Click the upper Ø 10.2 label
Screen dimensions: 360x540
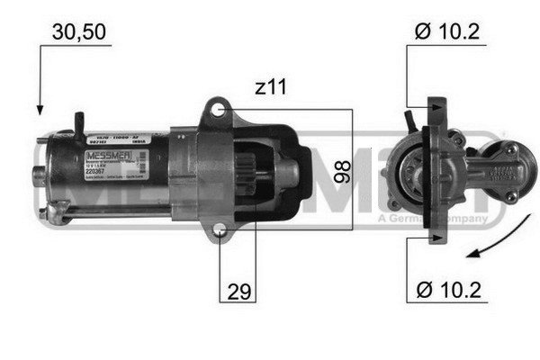click(x=446, y=32)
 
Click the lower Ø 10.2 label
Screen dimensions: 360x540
click(x=446, y=291)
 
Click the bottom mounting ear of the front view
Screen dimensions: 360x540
click(x=436, y=236)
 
